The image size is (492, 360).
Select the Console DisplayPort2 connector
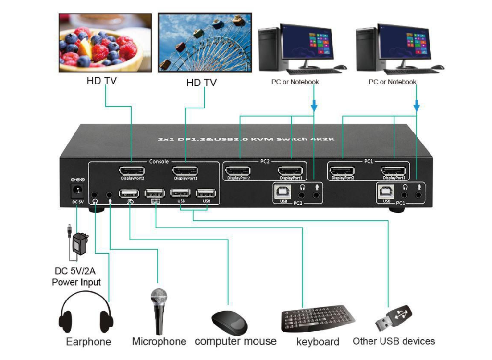pyautogui.click(x=132, y=171)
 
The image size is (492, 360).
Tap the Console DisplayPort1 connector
pyautogui.click(x=185, y=171)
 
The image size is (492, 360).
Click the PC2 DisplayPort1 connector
pyautogui.click(x=290, y=171)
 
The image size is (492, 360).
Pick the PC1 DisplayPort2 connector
pyautogui.click(x=342, y=171)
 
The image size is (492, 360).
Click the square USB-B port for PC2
pyautogui.click(x=283, y=192)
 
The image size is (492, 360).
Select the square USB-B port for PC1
pyautogui.click(x=386, y=192)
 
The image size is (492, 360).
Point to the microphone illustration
pyautogui.click(x=159, y=312)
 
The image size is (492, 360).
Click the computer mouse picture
pyautogui.click(x=230, y=323)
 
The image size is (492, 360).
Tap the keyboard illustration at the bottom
pyautogui.click(x=318, y=319)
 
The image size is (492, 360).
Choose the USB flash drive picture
pyautogui.click(x=394, y=318)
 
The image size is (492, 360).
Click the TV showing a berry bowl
pyautogui.click(x=105, y=43)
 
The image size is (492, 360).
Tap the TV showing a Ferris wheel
pyautogui.click(x=205, y=43)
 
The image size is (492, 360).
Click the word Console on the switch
pyautogui.click(x=159, y=161)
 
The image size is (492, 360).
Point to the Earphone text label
pyautogui.click(x=88, y=341)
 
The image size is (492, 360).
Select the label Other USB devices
pyautogui.click(x=394, y=341)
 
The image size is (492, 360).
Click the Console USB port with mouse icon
pyautogui.click(x=129, y=193)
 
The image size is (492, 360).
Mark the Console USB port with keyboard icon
pyautogui.click(x=155, y=193)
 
